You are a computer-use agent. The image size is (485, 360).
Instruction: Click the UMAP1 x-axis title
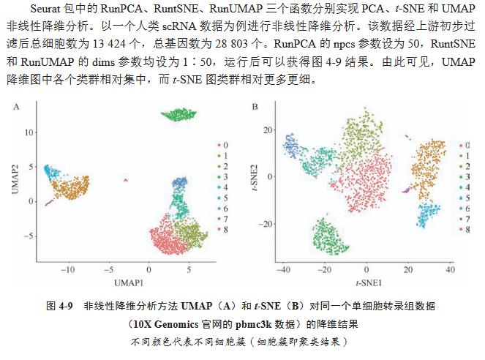[x=128, y=282]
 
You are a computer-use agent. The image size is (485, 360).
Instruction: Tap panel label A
[x=17, y=108]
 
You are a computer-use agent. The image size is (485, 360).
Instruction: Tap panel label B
[x=255, y=108]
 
